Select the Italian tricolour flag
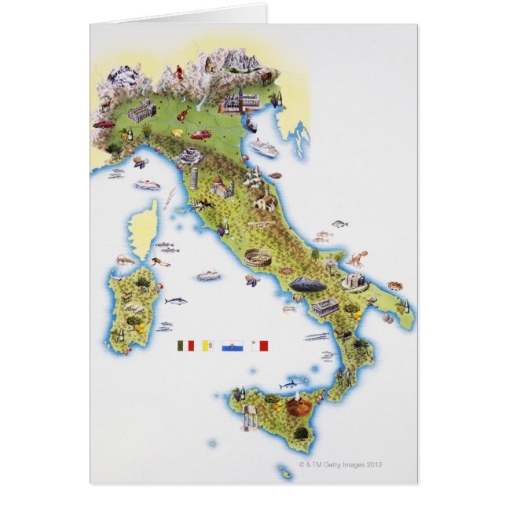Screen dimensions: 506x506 [185, 344]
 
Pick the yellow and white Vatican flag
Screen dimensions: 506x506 [210, 344]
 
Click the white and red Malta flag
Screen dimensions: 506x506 [260, 344]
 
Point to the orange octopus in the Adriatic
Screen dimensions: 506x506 [357, 257]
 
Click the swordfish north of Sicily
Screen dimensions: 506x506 [293, 383]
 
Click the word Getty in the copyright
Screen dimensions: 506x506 [339, 464]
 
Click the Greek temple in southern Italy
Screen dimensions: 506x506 [324, 306]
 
